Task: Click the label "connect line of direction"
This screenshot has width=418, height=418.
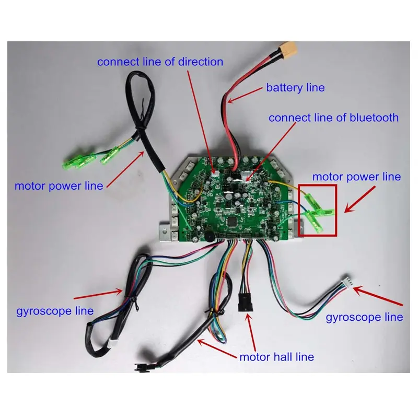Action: tap(160, 62)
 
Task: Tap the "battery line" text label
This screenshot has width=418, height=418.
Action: tap(295, 88)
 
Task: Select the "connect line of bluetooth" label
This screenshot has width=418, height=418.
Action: tap(333, 118)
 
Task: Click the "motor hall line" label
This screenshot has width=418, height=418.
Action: tap(277, 357)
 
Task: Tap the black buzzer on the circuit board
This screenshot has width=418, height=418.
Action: tap(210, 236)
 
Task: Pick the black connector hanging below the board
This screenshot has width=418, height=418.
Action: tap(245, 303)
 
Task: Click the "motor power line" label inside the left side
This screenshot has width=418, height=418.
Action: tap(59, 186)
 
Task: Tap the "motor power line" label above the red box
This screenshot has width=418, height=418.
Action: tap(356, 177)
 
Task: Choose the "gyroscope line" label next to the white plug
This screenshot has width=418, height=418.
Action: tap(364, 317)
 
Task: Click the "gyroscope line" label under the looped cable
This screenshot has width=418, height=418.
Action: tap(55, 311)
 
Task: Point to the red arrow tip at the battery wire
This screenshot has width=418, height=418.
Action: tap(228, 102)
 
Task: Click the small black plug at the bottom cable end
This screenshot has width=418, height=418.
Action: tap(140, 367)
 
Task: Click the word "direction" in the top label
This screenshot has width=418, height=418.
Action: tap(201, 62)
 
